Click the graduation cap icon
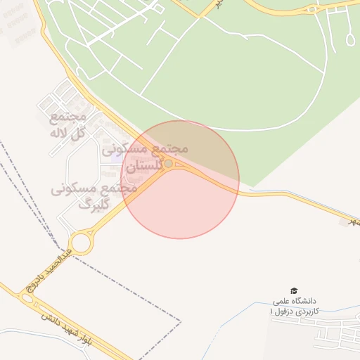(x=294, y=290)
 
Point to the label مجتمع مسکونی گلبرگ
(x=85, y=197)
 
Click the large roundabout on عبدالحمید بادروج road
(x=81, y=243)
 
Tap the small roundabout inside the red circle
(x=168, y=164)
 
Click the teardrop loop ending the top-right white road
(x=350, y=39)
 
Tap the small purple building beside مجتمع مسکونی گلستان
(x=115, y=166)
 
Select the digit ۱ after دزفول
(x=272, y=310)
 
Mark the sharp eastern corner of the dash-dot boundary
(x=181, y=321)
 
